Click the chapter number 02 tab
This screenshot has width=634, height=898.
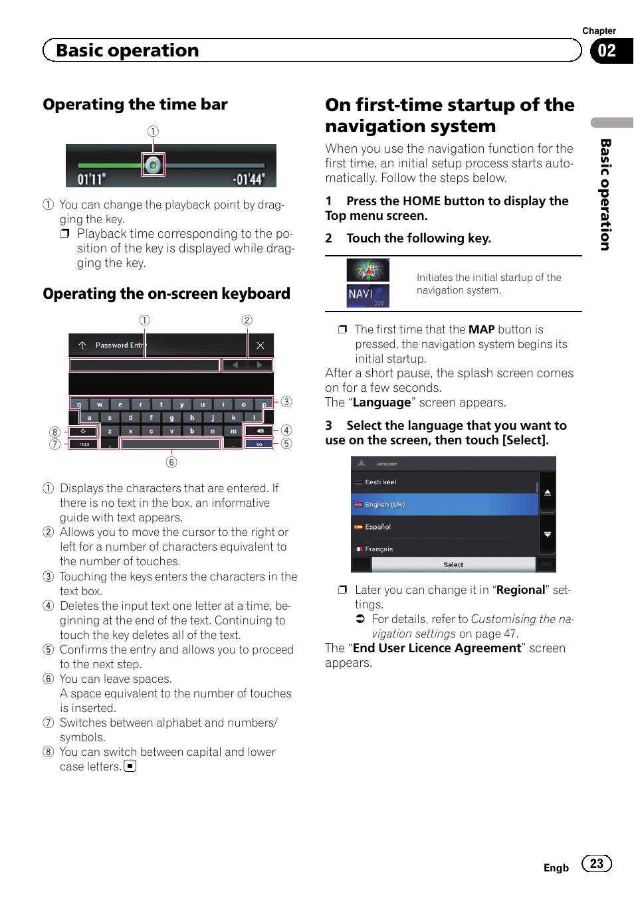point(607,50)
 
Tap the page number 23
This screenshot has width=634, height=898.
point(596,863)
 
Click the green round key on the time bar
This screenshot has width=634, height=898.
point(154,164)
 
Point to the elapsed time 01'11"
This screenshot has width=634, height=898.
point(92,179)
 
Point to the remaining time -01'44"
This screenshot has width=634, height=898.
point(248,179)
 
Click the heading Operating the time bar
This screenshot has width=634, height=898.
point(135,104)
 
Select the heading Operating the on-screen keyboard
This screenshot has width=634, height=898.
point(166,294)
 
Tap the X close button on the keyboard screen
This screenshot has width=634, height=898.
point(260,345)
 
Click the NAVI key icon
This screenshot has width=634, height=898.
point(368,296)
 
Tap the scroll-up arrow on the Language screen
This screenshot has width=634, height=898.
point(547,492)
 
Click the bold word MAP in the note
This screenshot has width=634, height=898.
point(481,329)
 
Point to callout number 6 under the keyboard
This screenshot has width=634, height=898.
point(171,462)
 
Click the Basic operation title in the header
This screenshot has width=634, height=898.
point(128,50)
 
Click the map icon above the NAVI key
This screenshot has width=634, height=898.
point(368,270)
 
